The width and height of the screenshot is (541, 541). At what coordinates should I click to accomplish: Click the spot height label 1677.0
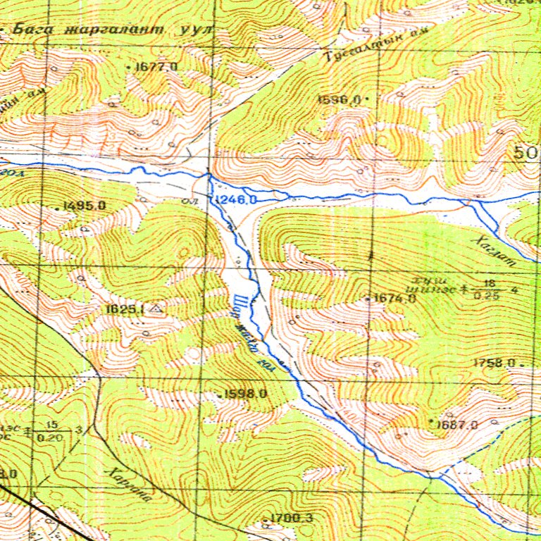coord(156,66)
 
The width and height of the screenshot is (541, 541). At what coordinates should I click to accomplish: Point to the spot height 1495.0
coord(84,206)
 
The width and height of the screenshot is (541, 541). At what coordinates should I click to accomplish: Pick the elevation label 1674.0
coord(395,299)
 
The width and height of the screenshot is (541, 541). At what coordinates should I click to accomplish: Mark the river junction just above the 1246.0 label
coord(209,175)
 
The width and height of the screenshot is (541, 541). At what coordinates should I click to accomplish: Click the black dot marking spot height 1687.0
coord(431,421)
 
